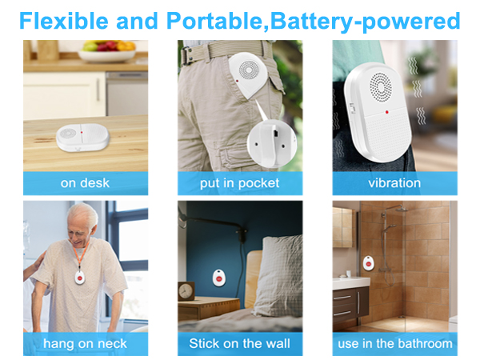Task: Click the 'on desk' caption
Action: point(85,183)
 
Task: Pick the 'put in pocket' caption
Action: point(240,183)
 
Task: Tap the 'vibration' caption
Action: point(394,183)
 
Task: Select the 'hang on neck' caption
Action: point(85,344)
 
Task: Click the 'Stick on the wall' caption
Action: point(240,344)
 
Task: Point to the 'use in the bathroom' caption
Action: point(394,344)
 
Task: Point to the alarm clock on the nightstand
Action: point(188,290)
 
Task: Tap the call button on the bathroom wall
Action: point(369,262)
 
